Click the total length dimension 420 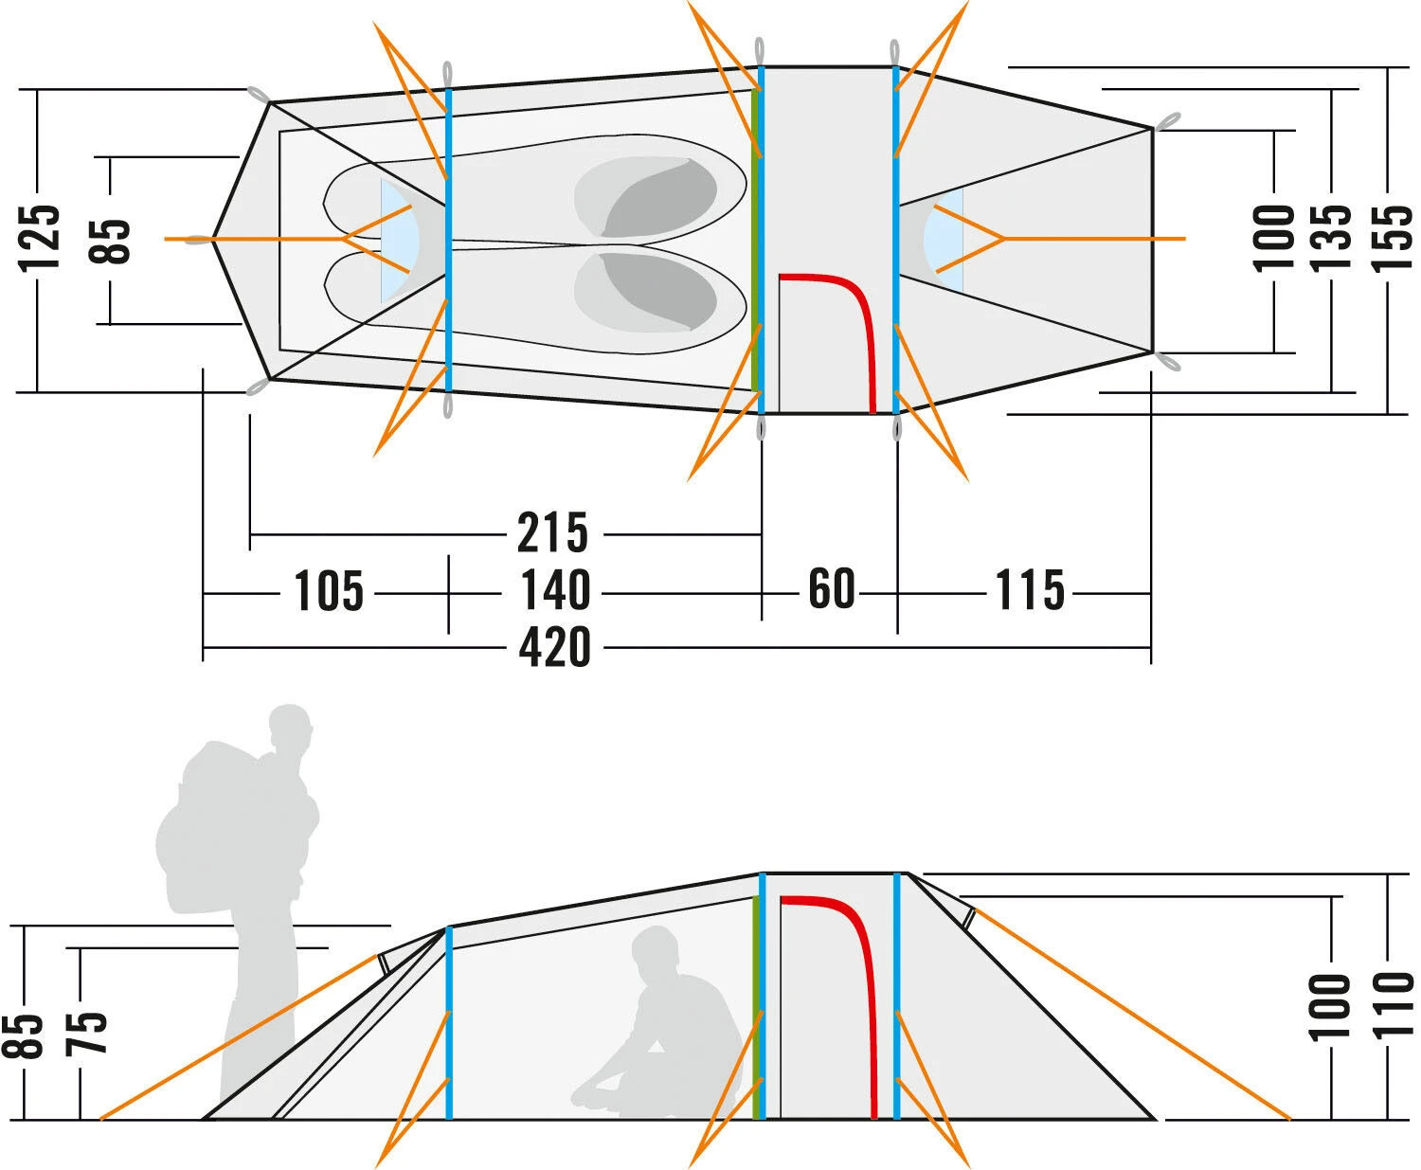(554, 648)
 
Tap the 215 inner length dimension (552, 533)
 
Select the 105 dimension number (329, 592)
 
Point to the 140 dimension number (555, 592)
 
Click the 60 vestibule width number (831, 589)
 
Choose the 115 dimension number (1030, 592)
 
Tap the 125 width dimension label (43, 237)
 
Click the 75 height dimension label (86, 1033)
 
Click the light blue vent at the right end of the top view (945, 238)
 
